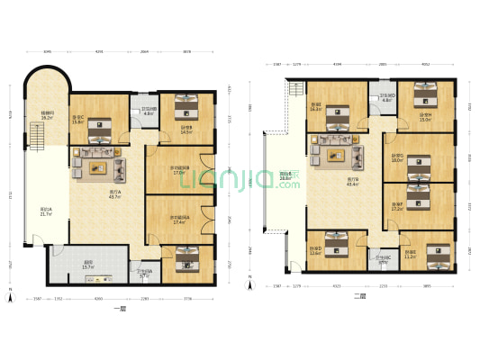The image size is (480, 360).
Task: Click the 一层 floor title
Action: pos(121,310)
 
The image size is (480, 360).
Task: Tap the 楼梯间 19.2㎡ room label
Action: pos(47,116)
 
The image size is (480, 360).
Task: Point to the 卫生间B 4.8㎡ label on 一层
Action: pos(148,112)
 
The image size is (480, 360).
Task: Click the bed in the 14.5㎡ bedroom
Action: pos(187,107)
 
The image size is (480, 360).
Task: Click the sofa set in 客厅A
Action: pos(98,164)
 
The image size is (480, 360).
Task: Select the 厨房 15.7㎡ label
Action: pos(89,265)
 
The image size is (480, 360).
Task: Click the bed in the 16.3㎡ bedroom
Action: pos(338,116)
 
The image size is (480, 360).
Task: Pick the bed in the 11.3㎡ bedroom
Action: pos(437,256)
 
